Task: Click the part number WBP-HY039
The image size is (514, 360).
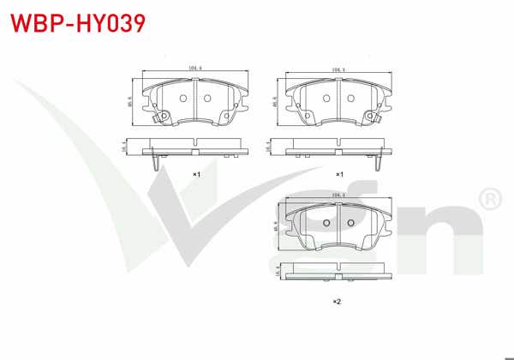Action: coord(73,22)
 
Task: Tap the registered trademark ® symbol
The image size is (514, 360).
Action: coord(490,201)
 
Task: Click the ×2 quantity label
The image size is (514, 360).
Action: coord(337,301)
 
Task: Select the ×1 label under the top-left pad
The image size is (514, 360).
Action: coord(195,174)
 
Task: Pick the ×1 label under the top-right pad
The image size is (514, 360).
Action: coord(339,174)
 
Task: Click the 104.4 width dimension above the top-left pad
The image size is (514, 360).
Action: coord(194,69)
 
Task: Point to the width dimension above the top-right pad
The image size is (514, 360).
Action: coord(338,69)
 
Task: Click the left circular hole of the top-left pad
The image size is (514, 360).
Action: coord(183,97)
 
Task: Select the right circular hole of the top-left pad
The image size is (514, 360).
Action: coord(206,97)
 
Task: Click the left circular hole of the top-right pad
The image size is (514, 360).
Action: coord(326,97)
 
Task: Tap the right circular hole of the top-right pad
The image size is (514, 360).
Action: coord(350,97)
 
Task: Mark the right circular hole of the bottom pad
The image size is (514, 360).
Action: coord(349,223)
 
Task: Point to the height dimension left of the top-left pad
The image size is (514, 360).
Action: coord(129,99)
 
